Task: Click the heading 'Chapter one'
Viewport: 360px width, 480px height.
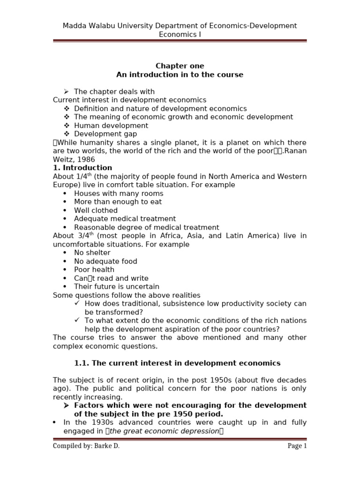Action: coord(180,66)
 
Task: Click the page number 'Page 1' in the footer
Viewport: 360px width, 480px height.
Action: coord(297,446)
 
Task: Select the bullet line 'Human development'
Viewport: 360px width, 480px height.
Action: coord(111,126)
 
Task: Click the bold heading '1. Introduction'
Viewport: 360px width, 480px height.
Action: coord(82,168)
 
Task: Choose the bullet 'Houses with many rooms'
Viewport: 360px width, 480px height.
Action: coord(119,194)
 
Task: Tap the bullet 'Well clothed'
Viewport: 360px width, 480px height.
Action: coord(96,210)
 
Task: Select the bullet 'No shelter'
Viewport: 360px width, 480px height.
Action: coord(92,253)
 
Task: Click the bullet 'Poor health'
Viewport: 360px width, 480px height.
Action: coord(94,270)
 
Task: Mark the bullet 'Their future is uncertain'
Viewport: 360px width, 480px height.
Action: coord(116,286)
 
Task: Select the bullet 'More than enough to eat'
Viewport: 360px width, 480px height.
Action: coord(118,202)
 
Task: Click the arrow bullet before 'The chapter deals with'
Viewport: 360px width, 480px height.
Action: coord(66,91)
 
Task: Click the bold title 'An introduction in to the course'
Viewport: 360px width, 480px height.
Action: coord(180,75)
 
